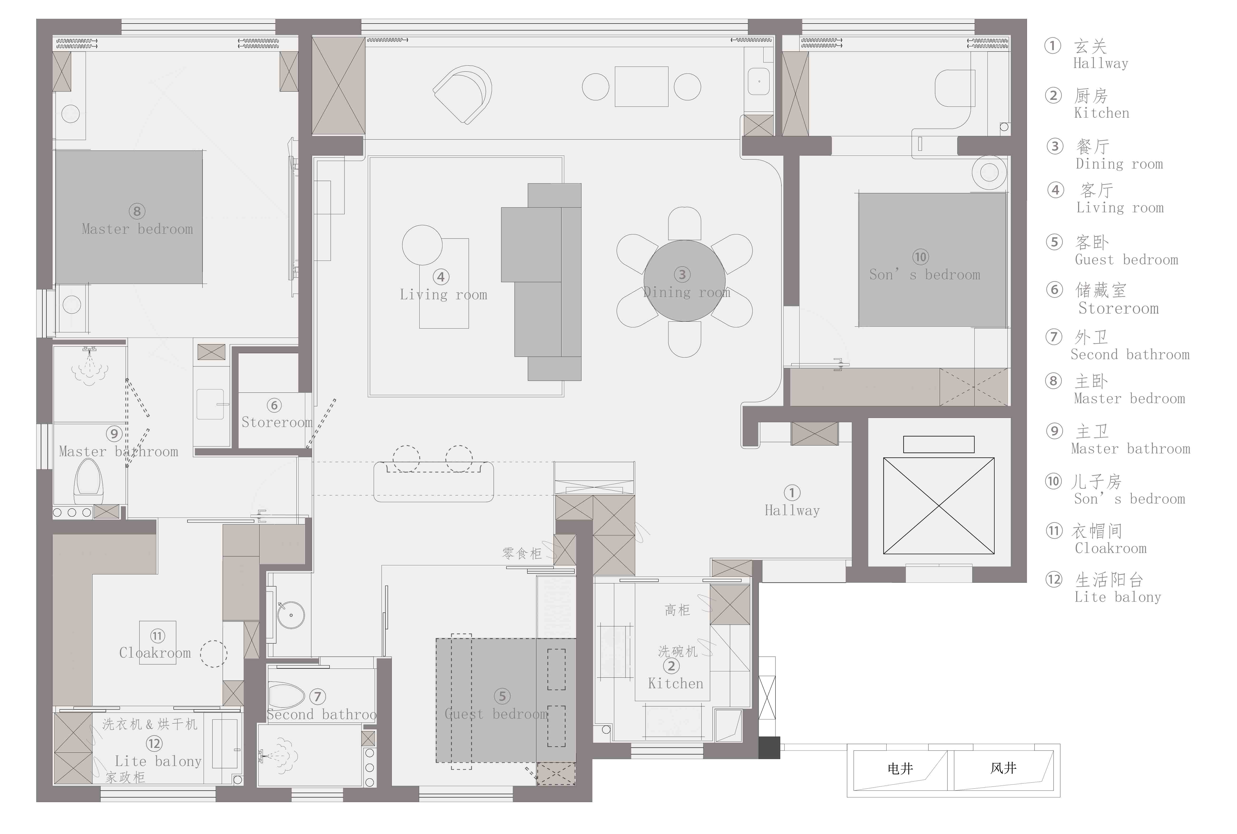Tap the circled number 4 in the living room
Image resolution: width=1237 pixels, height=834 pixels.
click(441, 276)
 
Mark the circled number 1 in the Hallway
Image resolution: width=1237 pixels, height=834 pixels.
click(792, 493)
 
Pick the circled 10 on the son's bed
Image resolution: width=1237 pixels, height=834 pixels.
click(920, 257)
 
